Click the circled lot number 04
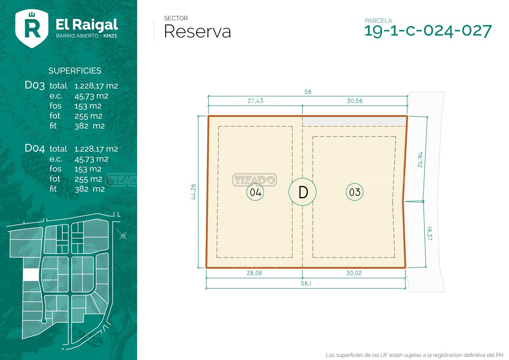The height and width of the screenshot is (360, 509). [255, 192]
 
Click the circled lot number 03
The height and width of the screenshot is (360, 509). [354, 192]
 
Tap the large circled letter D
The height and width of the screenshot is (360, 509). [302, 192]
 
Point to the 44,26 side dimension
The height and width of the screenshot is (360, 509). [193, 192]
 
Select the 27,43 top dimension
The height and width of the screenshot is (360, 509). [255, 101]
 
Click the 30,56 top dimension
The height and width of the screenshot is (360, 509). [354, 101]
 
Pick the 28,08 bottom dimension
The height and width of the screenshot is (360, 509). [254, 273]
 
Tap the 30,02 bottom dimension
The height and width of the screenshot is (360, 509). [354, 273]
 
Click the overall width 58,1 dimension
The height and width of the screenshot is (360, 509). [306, 283]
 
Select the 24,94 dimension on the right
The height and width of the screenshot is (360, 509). [420, 159]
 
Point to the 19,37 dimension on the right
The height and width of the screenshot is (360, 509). [429, 233]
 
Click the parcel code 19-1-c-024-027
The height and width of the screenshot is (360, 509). [428, 31]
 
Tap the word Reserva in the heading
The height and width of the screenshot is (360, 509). [197, 32]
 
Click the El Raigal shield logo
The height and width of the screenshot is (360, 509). [32, 28]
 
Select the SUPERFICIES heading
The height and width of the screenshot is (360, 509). [75, 71]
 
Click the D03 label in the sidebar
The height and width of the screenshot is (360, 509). [35, 85]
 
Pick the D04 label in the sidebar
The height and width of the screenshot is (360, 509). [35, 148]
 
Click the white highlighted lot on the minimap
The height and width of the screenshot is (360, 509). [31, 275]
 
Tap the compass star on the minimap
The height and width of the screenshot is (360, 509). [123, 236]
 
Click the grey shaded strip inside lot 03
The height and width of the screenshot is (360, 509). [354, 121]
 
